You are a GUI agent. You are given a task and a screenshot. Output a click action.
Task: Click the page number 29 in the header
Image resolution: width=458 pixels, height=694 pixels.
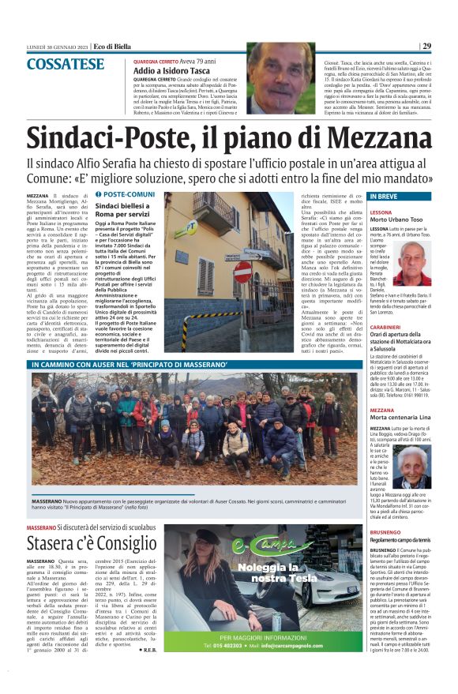click(426, 46)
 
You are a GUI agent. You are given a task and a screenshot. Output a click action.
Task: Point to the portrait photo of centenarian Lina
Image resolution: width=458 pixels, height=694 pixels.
click(415, 467)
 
